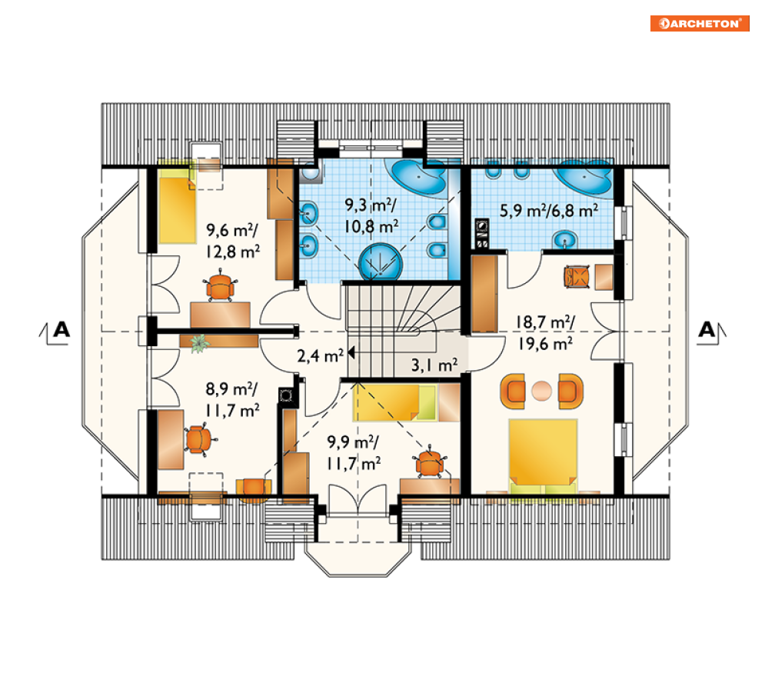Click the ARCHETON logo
click(x=699, y=23)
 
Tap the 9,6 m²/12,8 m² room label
click(x=233, y=241)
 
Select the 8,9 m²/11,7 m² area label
click(x=232, y=400)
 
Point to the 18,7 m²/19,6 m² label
click(x=545, y=333)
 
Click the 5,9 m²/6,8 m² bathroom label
click(x=549, y=211)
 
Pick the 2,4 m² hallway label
click(x=320, y=355)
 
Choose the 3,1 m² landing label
click(x=434, y=365)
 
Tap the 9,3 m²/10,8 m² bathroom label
click(x=371, y=215)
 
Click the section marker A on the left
click(x=62, y=330)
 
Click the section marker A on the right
click(x=707, y=330)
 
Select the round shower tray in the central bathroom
click(x=381, y=262)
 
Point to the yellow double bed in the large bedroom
click(x=543, y=456)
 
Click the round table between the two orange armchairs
click(x=541, y=391)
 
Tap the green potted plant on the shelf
click(x=199, y=342)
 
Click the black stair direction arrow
click(x=351, y=352)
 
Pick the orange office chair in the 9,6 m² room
click(x=220, y=287)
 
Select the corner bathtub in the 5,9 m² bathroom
click(x=584, y=177)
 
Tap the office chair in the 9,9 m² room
click(x=429, y=462)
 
